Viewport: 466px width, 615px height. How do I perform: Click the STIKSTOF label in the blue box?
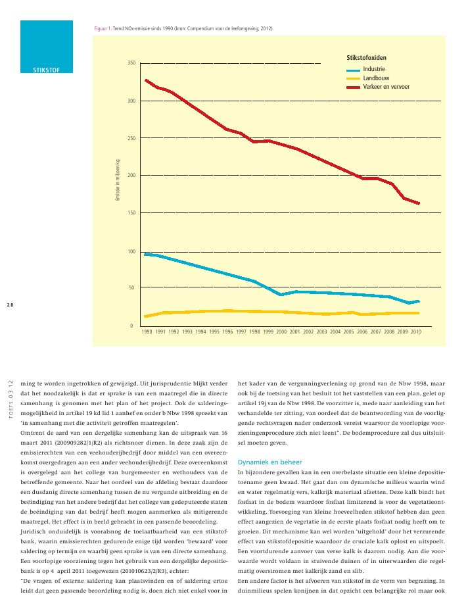pos(46,70)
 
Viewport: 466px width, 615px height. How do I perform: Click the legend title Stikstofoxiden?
pos(367,58)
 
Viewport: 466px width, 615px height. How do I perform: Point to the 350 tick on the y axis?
pos(131,62)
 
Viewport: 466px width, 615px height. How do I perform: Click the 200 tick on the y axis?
pos(131,176)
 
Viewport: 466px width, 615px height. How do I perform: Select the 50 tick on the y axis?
pos(131,287)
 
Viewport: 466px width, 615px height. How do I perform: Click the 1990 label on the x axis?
pos(147,332)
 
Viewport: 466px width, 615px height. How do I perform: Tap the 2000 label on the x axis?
pos(281,332)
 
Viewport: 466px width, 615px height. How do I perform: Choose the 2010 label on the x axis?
pos(416,332)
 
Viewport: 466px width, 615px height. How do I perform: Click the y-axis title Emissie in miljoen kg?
pos(118,180)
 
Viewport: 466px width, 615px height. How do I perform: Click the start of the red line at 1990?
pos(146,80)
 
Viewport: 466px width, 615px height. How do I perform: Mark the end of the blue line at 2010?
pos(419,301)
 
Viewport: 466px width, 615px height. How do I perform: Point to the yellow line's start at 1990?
pos(145,316)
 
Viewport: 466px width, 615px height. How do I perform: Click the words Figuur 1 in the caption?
pos(103,29)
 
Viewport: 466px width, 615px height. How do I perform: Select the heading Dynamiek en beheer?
pos(270,462)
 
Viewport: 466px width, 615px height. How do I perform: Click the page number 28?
pos(11,305)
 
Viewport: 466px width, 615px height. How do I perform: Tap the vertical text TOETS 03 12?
pos(11,399)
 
